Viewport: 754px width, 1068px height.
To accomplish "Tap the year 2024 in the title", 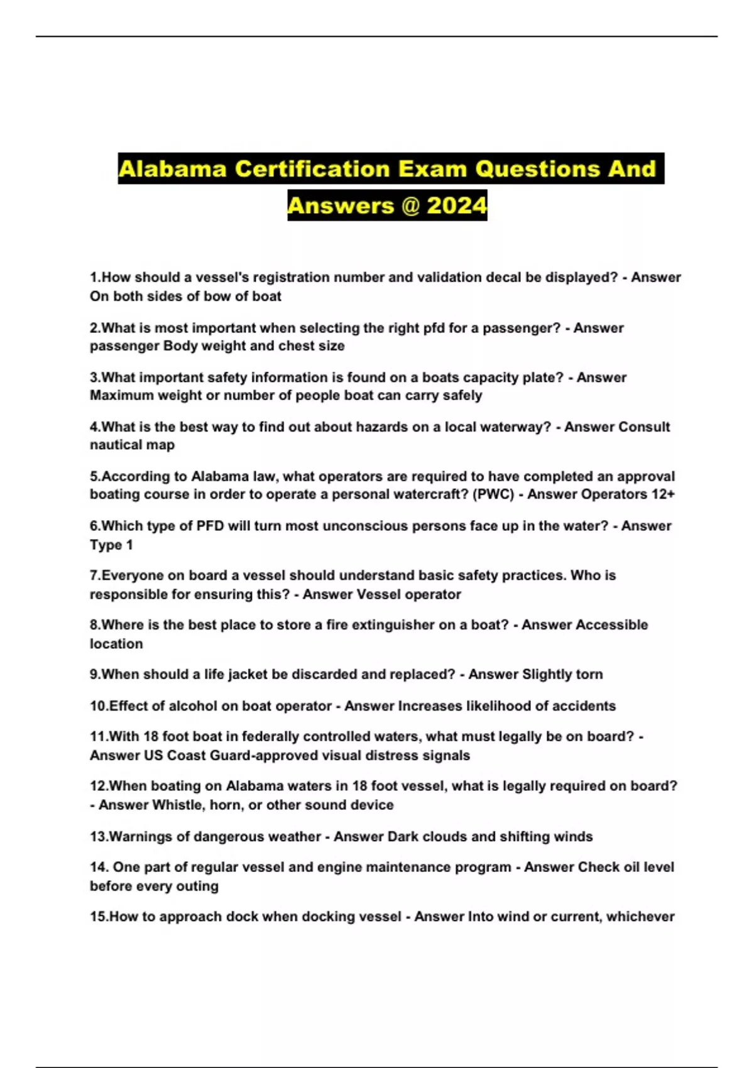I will point(456,205).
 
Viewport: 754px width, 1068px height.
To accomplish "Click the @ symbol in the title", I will point(410,205).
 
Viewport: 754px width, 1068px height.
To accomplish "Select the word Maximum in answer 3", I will point(119,395).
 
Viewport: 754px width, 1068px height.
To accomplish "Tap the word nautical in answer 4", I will point(116,445).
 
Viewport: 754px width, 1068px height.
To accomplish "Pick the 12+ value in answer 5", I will point(663,494).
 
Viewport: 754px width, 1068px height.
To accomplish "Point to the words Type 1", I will point(111,545).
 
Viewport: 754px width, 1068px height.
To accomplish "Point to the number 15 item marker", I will point(99,917).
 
